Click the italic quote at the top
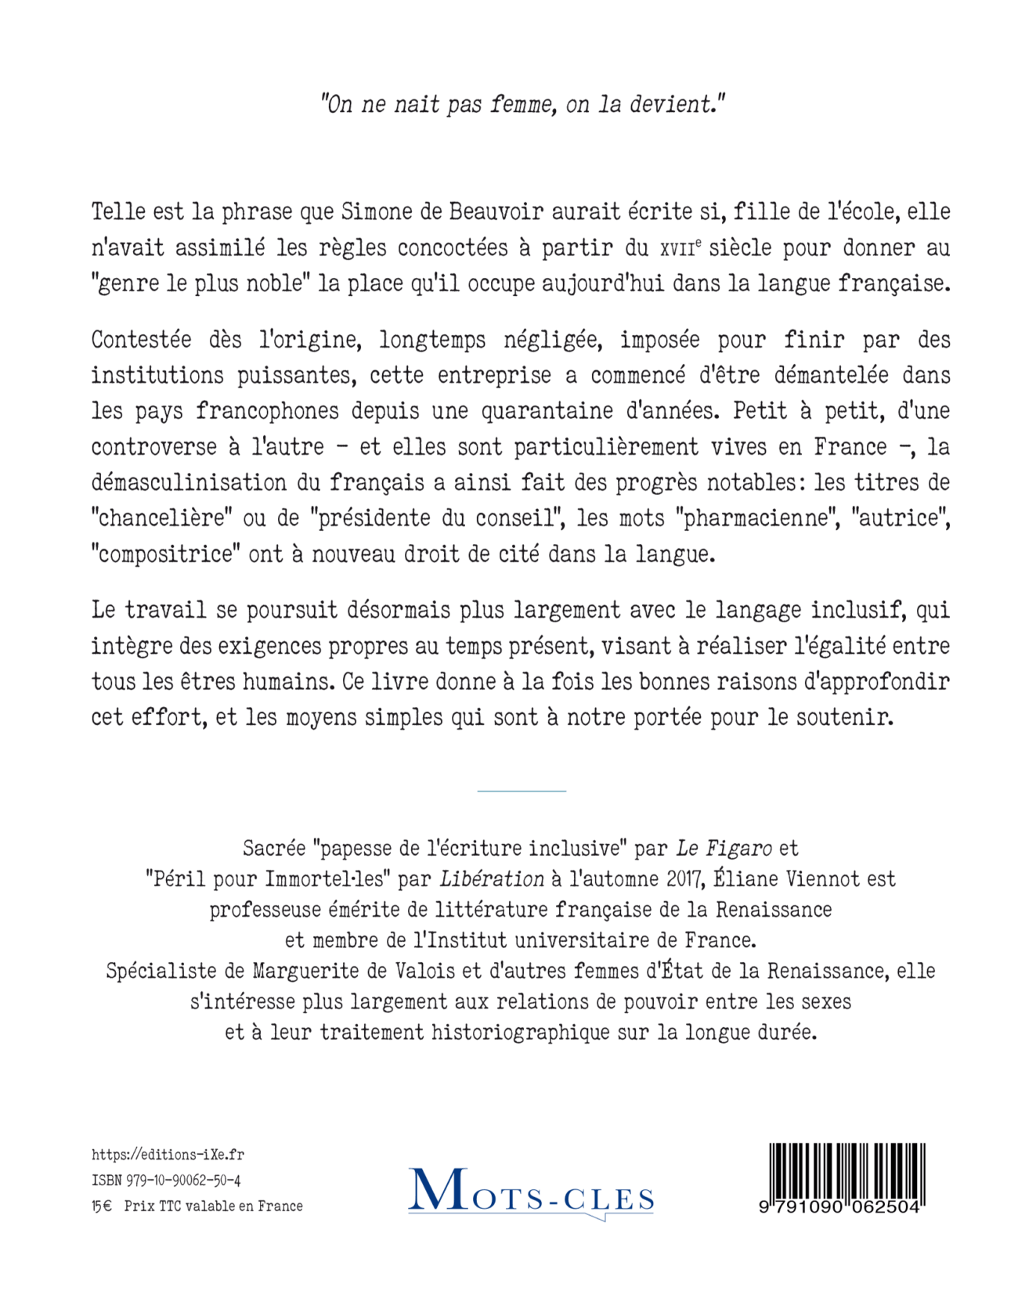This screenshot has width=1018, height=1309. [x=523, y=104]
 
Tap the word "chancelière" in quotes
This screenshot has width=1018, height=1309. [x=163, y=518]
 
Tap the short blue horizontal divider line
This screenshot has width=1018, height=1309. [x=522, y=791]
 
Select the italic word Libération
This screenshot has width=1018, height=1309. [x=492, y=878]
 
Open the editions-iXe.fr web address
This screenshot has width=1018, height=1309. [x=168, y=1155]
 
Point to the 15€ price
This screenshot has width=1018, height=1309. [x=102, y=1206]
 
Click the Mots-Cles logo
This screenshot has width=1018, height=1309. [x=531, y=1192]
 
